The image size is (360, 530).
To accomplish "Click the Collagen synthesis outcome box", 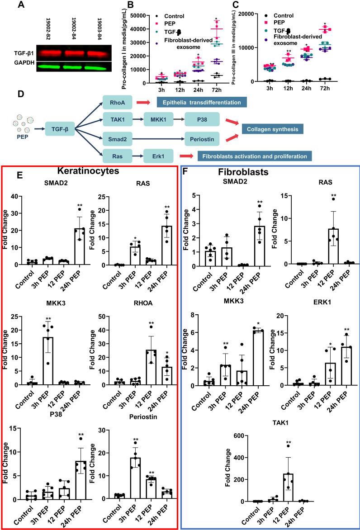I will [x=272, y=128].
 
